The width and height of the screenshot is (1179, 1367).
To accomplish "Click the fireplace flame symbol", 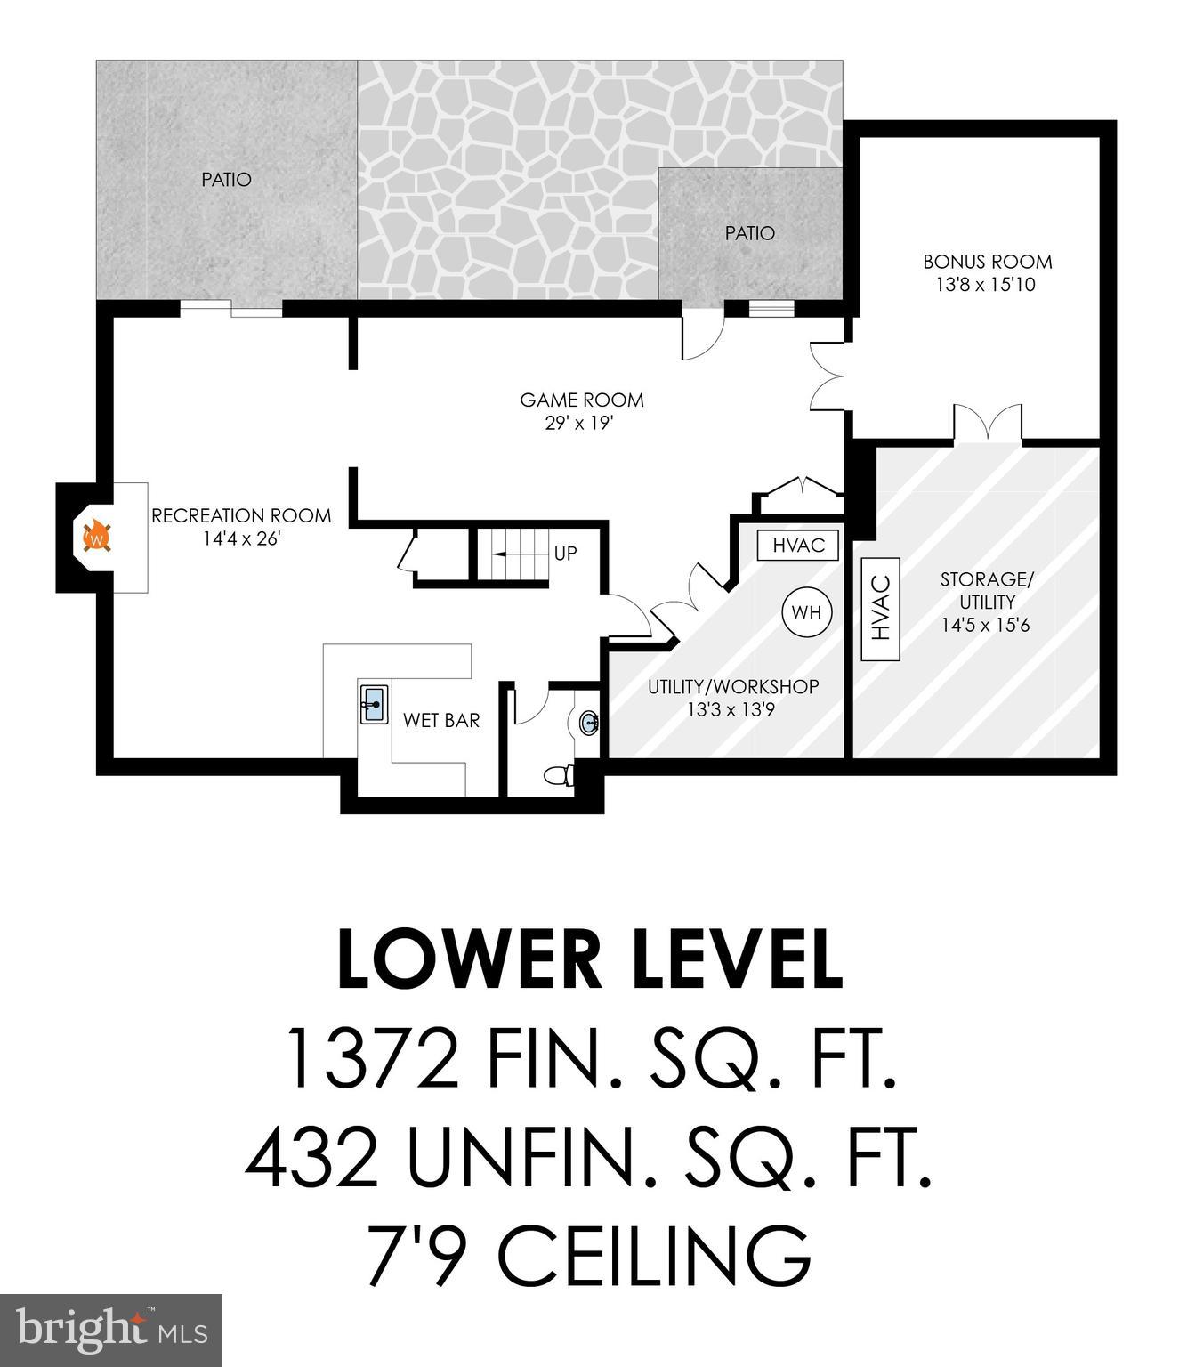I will click(96, 538).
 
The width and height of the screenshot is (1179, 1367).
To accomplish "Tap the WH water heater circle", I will click(806, 612).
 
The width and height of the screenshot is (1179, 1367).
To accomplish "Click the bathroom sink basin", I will click(589, 723).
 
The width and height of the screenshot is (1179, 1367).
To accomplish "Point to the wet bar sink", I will click(373, 704).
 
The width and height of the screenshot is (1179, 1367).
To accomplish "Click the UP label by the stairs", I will click(566, 554).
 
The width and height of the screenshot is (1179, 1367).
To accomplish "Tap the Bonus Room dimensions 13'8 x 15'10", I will click(986, 286).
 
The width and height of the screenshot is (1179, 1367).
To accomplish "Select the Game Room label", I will click(582, 400).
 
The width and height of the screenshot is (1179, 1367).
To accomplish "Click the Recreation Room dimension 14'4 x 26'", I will click(241, 538).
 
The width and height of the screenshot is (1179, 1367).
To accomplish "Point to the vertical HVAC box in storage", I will click(881, 609).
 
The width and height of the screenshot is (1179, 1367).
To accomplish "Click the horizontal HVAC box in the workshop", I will click(798, 546).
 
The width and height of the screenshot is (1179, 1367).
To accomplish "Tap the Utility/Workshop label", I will click(733, 687).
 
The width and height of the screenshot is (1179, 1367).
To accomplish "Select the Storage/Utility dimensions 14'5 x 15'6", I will click(986, 625).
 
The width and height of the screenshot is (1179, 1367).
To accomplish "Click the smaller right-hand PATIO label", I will click(749, 233).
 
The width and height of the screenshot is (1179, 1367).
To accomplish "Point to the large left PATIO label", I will click(226, 180).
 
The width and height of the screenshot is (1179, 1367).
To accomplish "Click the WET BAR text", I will click(441, 720).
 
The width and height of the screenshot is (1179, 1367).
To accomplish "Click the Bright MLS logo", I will click(111, 1331).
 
